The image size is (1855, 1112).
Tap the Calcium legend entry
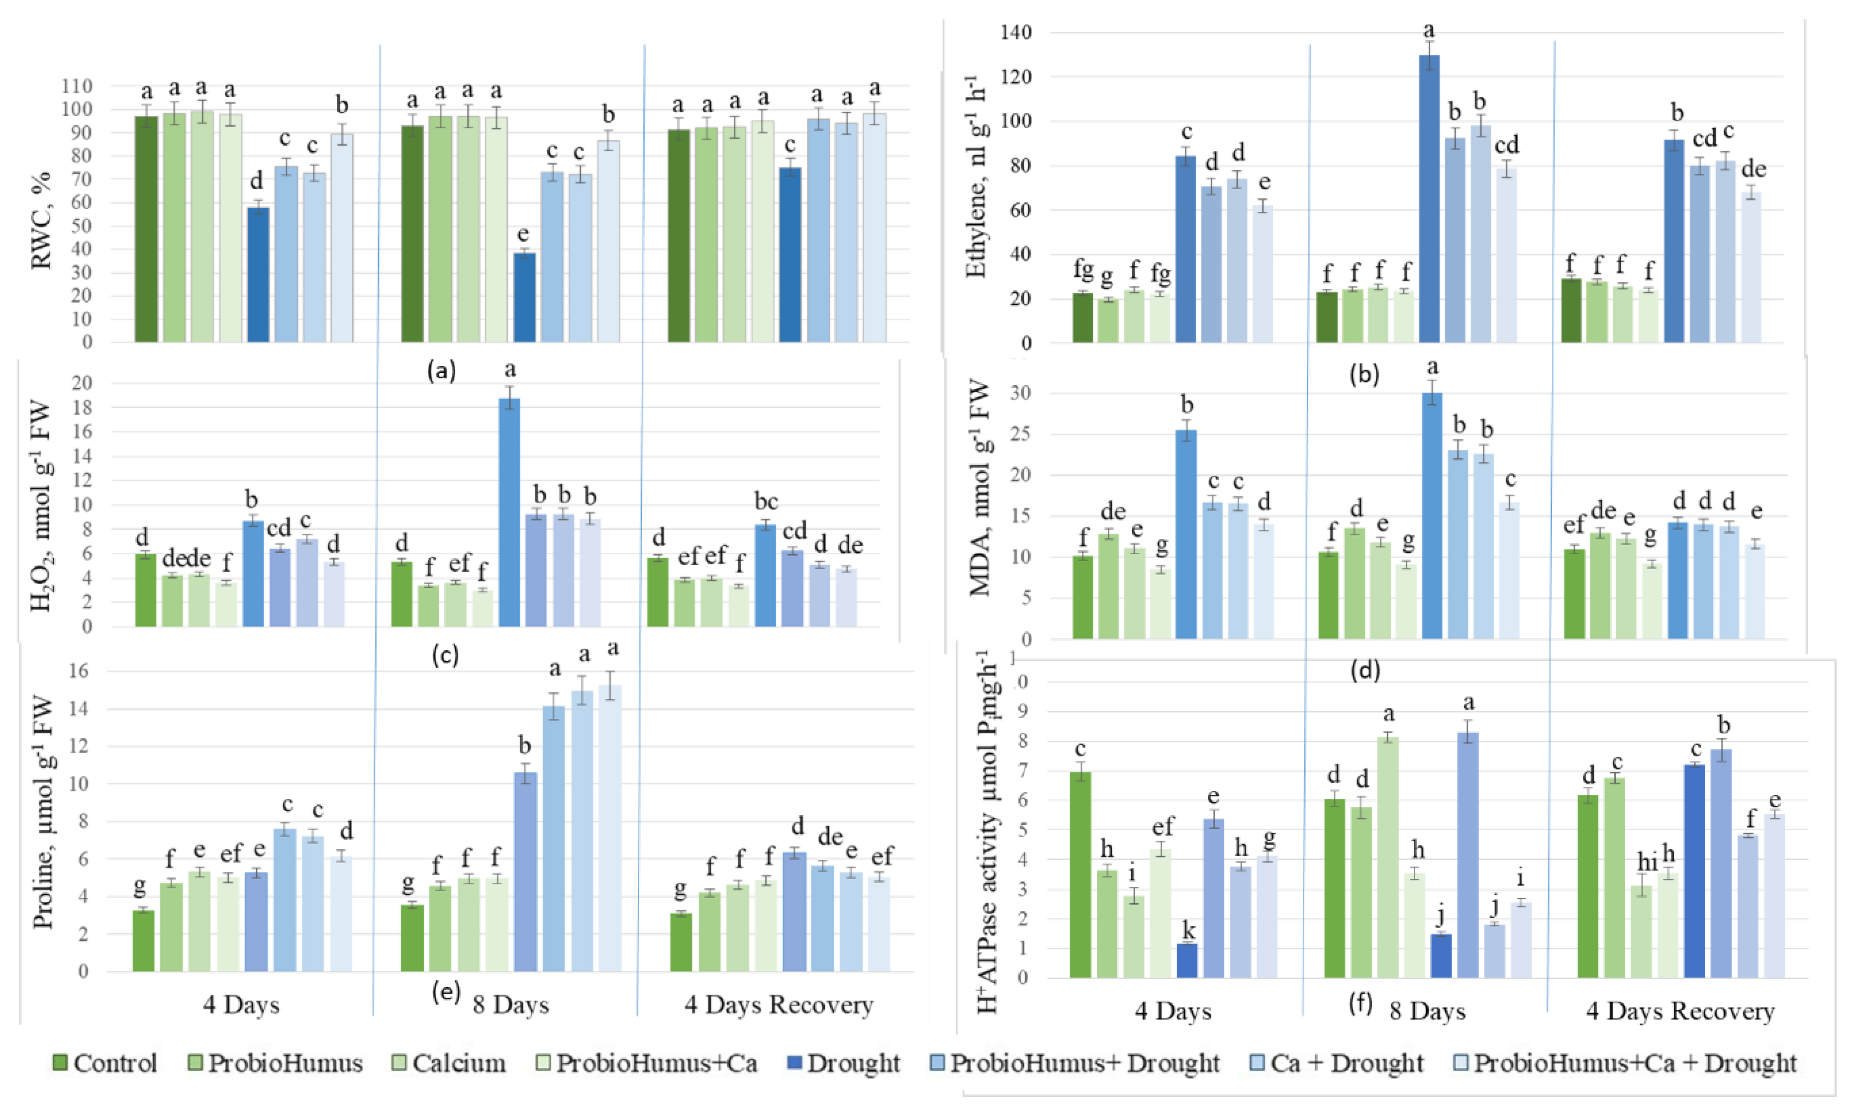[449, 1063]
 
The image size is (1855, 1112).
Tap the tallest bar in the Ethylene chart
[1429, 198]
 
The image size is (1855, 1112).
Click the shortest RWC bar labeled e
[524, 297]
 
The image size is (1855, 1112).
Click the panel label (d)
[1364, 671]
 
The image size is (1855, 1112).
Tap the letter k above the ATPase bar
[1188, 931]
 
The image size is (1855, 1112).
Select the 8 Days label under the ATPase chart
[1427, 1012]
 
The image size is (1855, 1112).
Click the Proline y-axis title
[43, 813]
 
